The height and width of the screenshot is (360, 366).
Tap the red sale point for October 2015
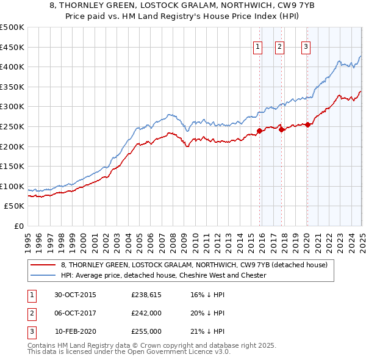coord(259,131)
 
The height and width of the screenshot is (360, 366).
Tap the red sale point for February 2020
coord(307,124)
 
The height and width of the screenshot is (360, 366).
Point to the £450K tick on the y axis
coord(12,47)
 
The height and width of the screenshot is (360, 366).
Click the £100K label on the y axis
coord(12,186)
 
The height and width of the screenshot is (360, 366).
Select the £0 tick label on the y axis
coord(20,226)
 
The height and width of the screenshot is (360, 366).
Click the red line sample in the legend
coord(43,265)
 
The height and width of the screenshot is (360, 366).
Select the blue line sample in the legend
coord(43,275)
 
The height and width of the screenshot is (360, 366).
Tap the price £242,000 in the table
coord(146,313)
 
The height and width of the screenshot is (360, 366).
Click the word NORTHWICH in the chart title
coord(208,5)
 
